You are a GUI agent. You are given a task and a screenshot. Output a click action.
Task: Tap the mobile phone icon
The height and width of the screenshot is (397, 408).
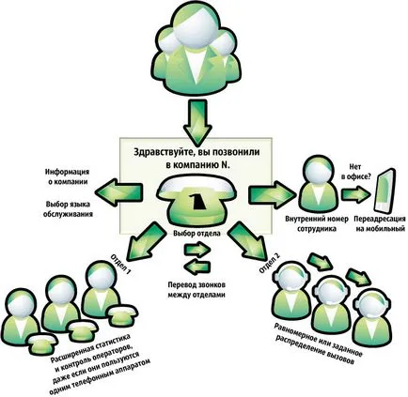(384, 191)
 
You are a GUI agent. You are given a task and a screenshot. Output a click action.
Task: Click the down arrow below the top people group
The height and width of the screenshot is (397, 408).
(197, 121)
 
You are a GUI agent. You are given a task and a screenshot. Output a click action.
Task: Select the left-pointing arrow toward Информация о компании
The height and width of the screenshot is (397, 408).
(118, 191)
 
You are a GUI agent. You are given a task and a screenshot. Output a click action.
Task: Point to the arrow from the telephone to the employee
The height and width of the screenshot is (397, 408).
(272, 193)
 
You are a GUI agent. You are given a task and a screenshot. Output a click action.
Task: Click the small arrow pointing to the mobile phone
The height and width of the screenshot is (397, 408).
(355, 194)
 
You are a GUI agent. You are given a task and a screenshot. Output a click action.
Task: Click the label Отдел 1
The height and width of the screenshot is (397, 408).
(120, 263)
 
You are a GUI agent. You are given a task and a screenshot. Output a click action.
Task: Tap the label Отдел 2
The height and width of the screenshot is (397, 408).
(270, 262)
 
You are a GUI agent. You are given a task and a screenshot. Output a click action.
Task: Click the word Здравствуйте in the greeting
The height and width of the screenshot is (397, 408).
(159, 152)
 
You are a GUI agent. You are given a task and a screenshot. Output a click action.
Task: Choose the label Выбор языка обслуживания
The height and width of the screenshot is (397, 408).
(70, 209)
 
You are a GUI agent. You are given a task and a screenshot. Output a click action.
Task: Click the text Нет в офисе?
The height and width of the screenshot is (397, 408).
(354, 172)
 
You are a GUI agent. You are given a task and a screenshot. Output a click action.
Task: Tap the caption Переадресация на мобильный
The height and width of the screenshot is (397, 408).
(379, 223)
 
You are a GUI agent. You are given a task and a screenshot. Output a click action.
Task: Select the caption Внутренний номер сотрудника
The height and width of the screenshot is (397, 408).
(317, 223)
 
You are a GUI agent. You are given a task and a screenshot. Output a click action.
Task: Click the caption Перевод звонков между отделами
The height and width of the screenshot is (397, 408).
(196, 290)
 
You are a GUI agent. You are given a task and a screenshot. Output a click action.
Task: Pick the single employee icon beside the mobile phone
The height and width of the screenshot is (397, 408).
(317, 185)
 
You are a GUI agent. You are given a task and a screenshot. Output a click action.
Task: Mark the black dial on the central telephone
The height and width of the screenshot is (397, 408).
(197, 201)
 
